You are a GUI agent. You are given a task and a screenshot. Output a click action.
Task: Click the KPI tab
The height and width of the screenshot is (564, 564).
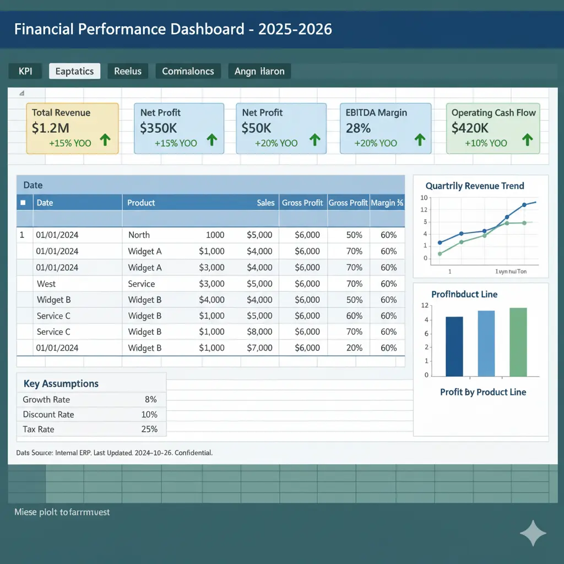25,71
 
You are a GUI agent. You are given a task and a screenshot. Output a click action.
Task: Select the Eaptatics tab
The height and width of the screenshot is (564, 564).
75,71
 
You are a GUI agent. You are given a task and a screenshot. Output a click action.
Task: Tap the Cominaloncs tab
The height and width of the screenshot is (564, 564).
188,71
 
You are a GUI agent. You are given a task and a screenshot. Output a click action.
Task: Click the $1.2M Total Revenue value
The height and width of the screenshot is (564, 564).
50,128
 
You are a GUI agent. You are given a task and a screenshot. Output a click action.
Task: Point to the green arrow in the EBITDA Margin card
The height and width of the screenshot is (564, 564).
419,140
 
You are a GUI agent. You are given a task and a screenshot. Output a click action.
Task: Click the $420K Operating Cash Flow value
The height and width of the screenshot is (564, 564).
470,128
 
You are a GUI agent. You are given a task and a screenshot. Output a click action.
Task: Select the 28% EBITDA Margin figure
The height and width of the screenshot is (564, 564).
358,128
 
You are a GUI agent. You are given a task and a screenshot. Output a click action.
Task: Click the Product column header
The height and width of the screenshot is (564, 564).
141,203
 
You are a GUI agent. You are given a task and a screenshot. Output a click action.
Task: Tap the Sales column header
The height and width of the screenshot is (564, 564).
265,203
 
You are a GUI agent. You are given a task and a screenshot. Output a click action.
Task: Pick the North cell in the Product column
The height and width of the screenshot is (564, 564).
139,235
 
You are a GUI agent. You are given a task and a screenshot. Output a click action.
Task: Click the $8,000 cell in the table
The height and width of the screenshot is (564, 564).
259,332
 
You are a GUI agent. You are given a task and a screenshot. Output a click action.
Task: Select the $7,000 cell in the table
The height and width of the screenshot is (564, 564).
259,348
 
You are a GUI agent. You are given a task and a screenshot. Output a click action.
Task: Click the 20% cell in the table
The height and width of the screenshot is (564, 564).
354,348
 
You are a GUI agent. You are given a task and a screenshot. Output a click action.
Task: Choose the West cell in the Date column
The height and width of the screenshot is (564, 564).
46,284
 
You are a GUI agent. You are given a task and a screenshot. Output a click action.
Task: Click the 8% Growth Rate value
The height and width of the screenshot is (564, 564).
150,399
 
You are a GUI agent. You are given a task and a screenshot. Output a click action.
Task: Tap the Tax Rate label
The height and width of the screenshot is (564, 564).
39,429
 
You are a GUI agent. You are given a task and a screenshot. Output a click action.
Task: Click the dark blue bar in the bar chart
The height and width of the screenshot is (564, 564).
454,346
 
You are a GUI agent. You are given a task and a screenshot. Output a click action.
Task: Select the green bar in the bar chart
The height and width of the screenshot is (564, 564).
518,341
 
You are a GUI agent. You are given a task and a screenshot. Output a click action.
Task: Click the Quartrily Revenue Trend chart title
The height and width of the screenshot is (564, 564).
475,186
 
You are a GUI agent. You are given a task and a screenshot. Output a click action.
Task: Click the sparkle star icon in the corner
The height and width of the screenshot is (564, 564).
533,533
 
